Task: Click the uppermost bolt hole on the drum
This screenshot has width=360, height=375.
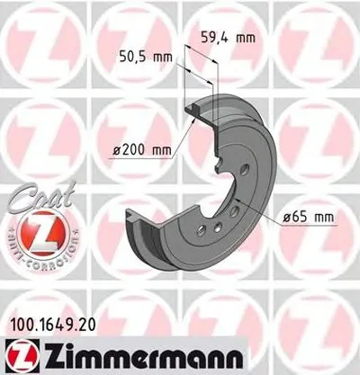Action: click(x=242, y=168)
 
